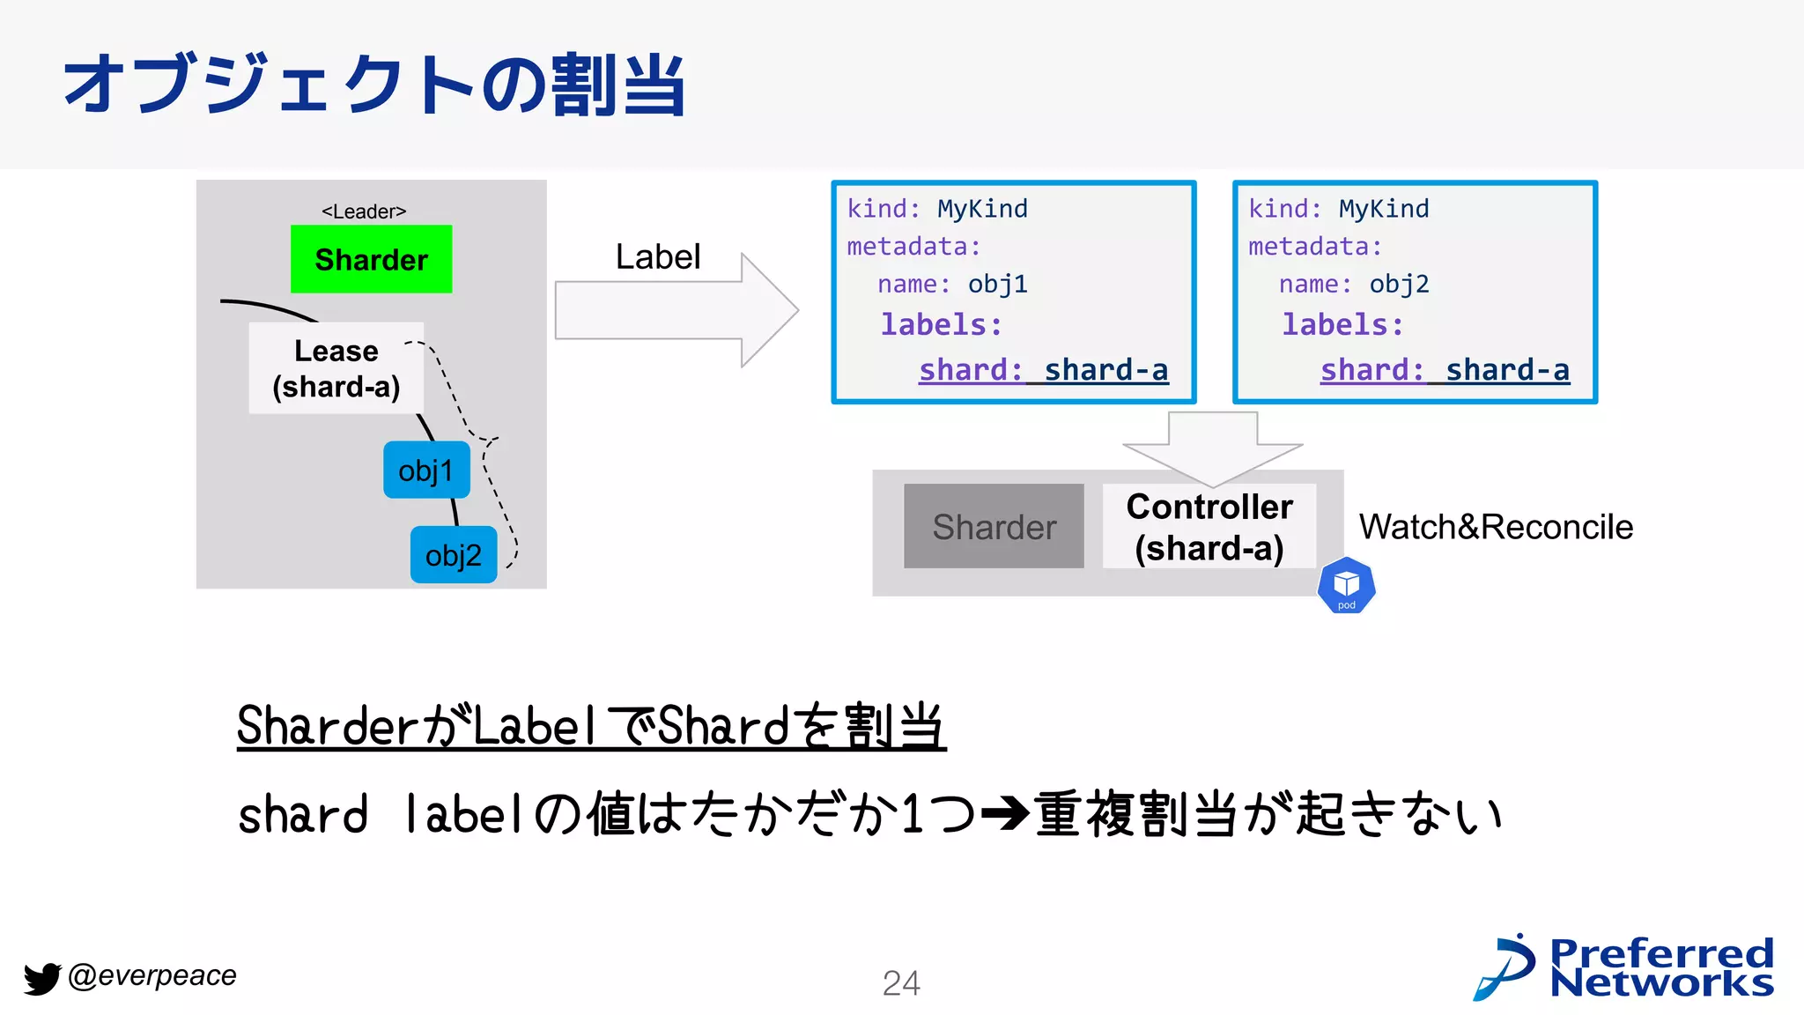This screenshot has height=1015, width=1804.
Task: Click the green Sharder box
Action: tap(371, 259)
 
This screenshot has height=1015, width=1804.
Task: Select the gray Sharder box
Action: tap(994, 526)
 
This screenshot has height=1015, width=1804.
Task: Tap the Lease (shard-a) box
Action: tap(336, 368)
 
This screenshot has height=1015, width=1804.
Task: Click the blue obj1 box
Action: tap(426, 470)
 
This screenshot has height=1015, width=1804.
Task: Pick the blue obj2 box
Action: tap(454, 555)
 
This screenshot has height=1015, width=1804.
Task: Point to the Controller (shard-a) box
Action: tap(1209, 527)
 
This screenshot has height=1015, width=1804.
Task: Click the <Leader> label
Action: tap(364, 211)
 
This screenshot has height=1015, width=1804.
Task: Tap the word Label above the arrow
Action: tap(657, 257)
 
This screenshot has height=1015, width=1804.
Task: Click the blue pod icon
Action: tap(1346, 586)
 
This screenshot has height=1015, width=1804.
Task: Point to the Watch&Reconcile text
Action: tap(1496, 527)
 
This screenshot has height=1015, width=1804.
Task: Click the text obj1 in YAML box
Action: tap(998, 285)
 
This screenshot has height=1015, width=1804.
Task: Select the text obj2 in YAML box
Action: tap(1400, 285)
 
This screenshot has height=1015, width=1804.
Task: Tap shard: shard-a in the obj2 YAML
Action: tap(1445, 370)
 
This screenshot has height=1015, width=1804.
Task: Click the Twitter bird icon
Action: tap(41, 978)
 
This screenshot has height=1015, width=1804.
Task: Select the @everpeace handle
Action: tap(152, 975)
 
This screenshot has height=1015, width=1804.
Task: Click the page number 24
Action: tap(901, 983)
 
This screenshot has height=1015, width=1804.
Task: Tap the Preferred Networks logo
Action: tap(1623, 967)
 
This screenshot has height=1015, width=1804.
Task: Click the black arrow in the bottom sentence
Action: tap(1004, 813)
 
